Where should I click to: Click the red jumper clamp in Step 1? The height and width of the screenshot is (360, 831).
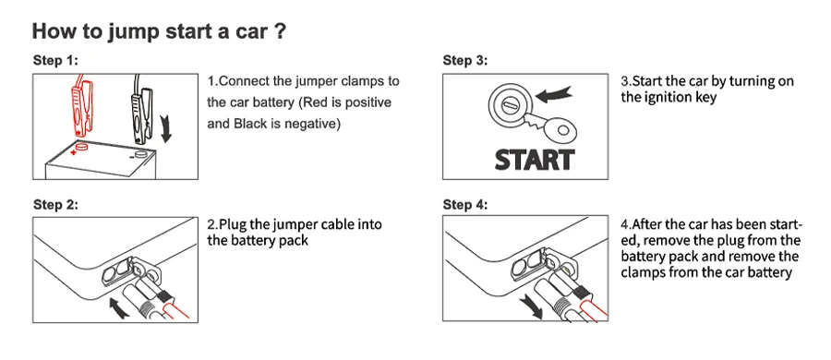point(79,109)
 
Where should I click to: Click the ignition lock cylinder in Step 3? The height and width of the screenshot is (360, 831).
point(508,104)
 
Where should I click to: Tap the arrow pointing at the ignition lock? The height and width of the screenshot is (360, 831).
point(553,94)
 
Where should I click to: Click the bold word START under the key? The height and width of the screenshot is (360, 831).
point(535,160)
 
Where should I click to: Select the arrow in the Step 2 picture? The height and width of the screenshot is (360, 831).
point(118,307)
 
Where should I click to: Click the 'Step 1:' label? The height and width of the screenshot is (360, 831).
point(55,60)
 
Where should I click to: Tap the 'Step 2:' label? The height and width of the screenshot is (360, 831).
point(55,205)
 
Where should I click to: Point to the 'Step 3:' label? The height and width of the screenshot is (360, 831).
point(465,60)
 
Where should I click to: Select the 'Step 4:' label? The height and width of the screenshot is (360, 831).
point(465,205)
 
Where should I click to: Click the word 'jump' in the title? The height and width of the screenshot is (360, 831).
point(134,32)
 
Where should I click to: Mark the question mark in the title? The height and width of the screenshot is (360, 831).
point(281,31)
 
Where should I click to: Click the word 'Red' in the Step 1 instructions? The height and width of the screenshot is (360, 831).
point(312,102)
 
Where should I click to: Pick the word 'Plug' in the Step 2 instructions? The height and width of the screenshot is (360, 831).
point(232,225)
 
